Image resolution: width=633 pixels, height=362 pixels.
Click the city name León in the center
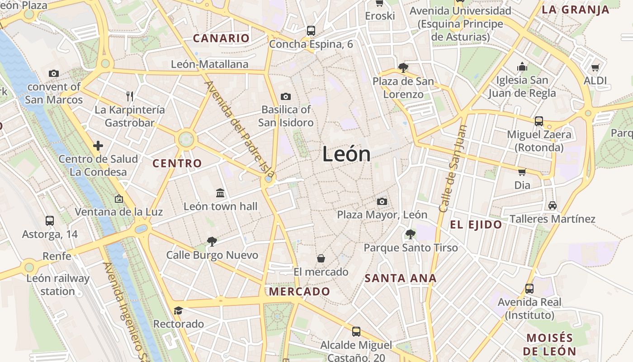click(x=346, y=155)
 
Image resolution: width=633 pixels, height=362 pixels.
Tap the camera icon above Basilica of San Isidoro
click(x=286, y=96)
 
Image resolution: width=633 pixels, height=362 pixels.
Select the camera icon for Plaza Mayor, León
click(x=382, y=201)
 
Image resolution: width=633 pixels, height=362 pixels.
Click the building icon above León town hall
click(x=220, y=193)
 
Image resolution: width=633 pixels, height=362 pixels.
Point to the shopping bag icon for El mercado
click(x=321, y=258)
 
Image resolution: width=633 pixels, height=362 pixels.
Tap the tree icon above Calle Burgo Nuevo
click(x=212, y=242)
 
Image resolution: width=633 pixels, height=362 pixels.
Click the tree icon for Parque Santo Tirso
click(x=411, y=234)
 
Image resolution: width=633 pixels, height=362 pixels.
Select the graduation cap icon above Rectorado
click(x=178, y=310)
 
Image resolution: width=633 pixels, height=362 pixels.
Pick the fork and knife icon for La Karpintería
click(x=130, y=96)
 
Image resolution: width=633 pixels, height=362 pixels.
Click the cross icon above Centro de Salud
click(x=98, y=146)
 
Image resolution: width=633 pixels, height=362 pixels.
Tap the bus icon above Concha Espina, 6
click(x=311, y=31)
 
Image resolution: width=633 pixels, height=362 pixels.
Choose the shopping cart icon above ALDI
click(x=595, y=68)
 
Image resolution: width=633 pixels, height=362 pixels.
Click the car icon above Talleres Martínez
click(x=552, y=205)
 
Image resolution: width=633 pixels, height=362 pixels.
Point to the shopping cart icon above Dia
click(x=522, y=172)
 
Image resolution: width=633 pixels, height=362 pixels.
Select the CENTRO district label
click(x=177, y=163)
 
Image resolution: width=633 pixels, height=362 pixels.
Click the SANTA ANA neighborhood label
click(x=401, y=278)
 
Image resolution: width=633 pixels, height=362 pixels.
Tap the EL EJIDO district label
click(x=476, y=224)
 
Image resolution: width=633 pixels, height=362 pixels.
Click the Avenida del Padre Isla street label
click(x=240, y=129)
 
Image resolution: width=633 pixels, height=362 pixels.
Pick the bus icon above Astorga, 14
click(x=50, y=221)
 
